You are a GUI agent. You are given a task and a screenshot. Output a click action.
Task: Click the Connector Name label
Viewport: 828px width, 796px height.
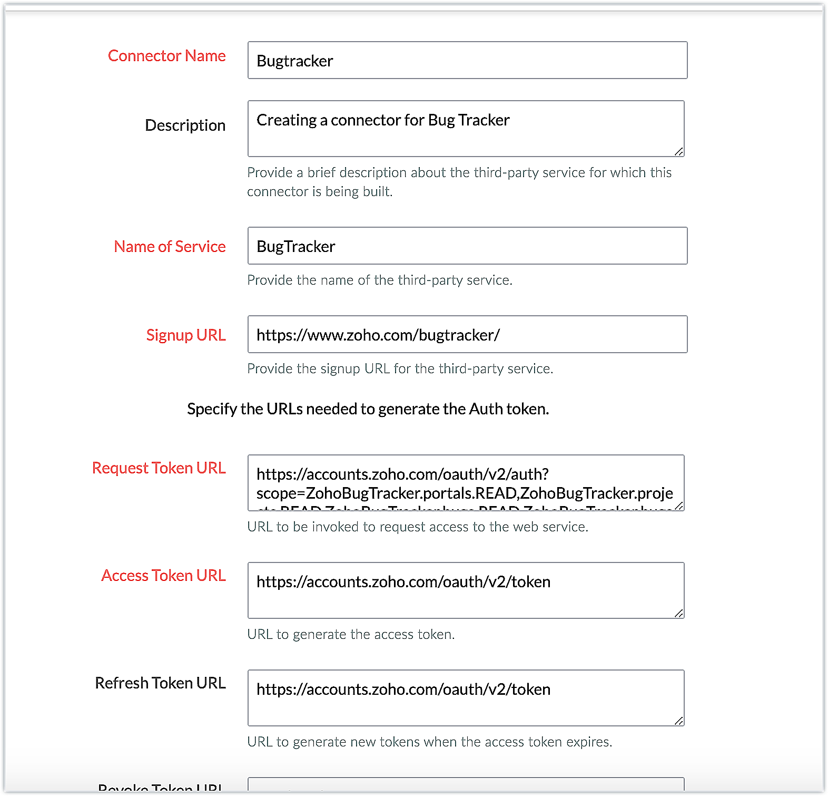click(166, 56)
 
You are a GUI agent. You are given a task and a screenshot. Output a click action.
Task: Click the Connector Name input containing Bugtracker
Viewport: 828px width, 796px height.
click(467, 61)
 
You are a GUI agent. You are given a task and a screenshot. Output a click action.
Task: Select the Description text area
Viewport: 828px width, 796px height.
click(466, 129)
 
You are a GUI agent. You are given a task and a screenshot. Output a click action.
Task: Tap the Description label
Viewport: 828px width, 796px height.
click(185, 125)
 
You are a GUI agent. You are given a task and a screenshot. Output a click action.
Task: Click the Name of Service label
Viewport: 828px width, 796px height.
click(170, 247)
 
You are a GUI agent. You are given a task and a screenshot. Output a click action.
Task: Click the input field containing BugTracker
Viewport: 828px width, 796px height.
click(467, 246)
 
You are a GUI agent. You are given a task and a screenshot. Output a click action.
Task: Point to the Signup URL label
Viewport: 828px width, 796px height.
click(185, 335)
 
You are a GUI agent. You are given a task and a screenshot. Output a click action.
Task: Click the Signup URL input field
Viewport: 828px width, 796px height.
click(467, 335)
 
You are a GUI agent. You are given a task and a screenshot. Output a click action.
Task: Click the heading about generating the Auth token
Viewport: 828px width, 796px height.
click(368, 409)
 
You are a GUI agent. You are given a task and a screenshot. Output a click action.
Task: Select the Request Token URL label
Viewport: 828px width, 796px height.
click(159, 468)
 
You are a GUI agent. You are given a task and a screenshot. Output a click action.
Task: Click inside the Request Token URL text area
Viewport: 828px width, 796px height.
click(466, 483)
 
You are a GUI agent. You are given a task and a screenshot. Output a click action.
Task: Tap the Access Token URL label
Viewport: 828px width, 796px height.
click(163, 576)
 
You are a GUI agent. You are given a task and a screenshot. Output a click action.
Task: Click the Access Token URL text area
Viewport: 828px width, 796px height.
click(466, 590)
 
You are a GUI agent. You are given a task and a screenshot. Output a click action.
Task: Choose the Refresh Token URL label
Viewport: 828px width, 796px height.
click(160, 683)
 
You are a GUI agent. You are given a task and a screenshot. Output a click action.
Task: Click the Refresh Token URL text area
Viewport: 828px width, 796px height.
click(466, 698)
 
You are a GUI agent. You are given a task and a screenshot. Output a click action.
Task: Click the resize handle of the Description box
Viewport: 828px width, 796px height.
click(679, 152)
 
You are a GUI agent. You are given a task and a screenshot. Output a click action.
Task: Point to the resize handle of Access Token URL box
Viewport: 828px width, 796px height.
click(679, 614)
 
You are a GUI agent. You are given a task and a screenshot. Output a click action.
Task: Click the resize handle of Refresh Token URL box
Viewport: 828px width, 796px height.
click(679, 721)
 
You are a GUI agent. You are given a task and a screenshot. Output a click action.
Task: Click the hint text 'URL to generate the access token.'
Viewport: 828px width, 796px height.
click(351, 634)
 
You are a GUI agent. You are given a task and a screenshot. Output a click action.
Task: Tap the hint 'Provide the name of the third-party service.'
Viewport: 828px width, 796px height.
click(379, 280)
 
